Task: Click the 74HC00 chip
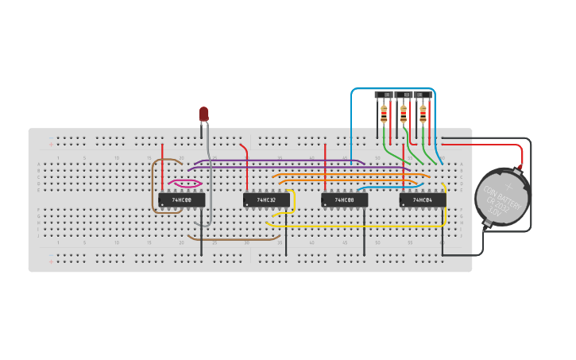[x=181, y=199]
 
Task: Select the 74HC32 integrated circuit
[x=266, y=199]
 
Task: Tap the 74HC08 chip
[x=344, y=199]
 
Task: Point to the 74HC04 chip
[x=422, y=199]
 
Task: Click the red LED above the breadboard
[x=203, y=114]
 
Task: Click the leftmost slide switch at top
[x=385, y=95]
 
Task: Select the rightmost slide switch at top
[x=423, y=95]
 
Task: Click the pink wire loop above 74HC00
[x=184, y=183]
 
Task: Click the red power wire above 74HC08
[x=325, y=167]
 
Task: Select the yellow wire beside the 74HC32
[x=293, y=203]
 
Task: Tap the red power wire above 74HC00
[x=163, y=167]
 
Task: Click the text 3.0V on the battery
[x=493, y=212]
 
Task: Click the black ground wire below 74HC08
[x=364, y=234]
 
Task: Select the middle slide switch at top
[x=404, y=95]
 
